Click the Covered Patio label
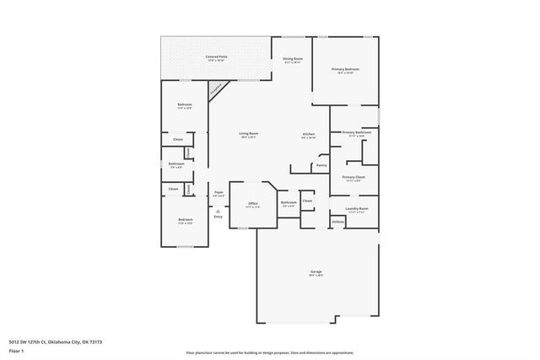pyautogui.click(x=216, y=56)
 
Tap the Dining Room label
pyautogui.click(x=293, y=58)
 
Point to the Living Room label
pyautogui.click(x=248, y=133)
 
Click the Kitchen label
pyautogui.click(x=309, y=135)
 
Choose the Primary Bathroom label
pyautogui.click(x=355, y=132)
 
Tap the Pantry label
pyautogui.click(x=321, y=165)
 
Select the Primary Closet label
pyautogui.click(x=353, y=177)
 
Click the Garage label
pyautogui.click(x=316, y=271)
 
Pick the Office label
pyautogui.click(x=252, y=203)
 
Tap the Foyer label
pyautogui.click(x=219, y=193)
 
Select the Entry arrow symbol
pyautogui.click(x=218, y=211)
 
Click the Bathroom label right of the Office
pyautogui.click(x=289, y=202)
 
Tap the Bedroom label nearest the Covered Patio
pyautogui.click(x=185, y=105)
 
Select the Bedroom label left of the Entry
pyautogui.click(x=185, y=220)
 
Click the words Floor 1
pyautogui.click(x=16, y=351)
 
